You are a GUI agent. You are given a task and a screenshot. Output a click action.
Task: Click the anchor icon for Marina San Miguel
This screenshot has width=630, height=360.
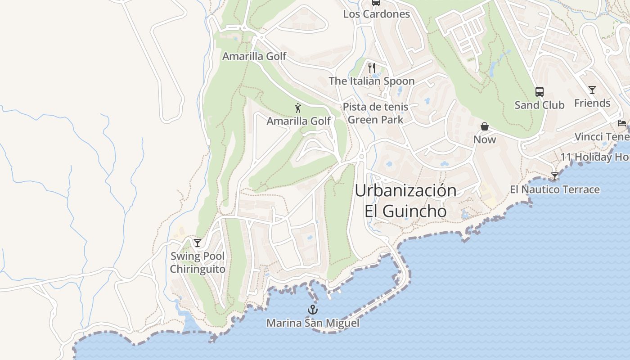coord(312,310)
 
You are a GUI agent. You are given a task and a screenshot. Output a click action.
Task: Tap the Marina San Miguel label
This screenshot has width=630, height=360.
coord(313,323)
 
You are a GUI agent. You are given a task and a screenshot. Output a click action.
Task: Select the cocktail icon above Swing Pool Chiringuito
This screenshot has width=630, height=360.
coord(198,243)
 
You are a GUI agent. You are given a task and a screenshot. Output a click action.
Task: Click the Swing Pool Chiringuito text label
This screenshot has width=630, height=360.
coord(198,263)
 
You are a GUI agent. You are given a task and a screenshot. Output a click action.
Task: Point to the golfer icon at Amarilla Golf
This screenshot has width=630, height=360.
coord(297,108)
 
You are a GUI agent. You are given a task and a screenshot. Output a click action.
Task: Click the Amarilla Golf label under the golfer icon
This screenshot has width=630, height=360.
coord(298,121)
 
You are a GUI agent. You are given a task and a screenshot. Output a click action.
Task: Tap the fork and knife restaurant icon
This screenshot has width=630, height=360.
coord(371,68)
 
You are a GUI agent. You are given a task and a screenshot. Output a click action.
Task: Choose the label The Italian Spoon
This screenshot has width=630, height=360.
coord(371,81)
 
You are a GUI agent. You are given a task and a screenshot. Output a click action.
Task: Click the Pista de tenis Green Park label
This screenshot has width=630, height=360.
coord(375,113)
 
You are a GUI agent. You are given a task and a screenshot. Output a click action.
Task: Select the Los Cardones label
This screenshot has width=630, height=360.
coord(376,14)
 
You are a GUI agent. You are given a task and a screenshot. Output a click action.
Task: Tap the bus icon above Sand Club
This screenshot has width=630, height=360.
coord(539,92)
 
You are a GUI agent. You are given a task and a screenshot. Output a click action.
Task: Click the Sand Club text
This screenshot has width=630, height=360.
coord(539,105)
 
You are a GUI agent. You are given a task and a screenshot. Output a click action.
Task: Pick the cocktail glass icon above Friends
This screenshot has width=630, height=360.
coord(592,90)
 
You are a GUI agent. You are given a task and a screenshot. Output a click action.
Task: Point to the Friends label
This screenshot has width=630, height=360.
coord(592,103)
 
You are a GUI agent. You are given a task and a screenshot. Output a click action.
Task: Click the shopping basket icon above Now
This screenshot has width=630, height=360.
coord(485,126)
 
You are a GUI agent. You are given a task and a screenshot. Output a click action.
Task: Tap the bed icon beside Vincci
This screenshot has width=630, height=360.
coord(622,123)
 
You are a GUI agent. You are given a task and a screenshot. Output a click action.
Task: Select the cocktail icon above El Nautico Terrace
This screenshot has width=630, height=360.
coord(555,176)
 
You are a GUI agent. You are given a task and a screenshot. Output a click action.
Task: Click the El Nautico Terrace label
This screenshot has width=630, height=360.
coord(555,189)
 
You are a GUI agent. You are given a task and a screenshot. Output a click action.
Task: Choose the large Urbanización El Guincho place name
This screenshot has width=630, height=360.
coord(405,201)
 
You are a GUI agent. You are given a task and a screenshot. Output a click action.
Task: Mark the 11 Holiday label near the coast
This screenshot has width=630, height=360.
coord(594,157)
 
